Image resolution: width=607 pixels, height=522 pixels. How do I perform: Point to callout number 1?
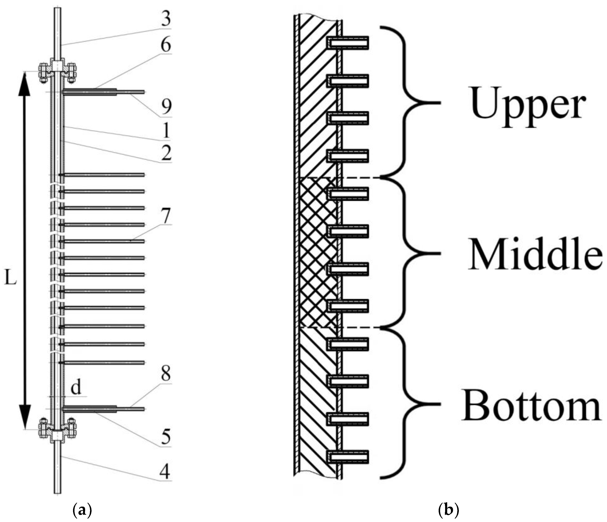tap(166, 130)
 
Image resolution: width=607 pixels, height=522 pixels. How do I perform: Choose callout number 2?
tap(166, 152)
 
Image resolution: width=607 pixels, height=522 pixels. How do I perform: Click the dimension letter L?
tap(11, 280)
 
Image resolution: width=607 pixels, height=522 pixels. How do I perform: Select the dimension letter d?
tap(76, 388)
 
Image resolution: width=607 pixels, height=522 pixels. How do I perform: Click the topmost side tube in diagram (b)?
tap(348, 43)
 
